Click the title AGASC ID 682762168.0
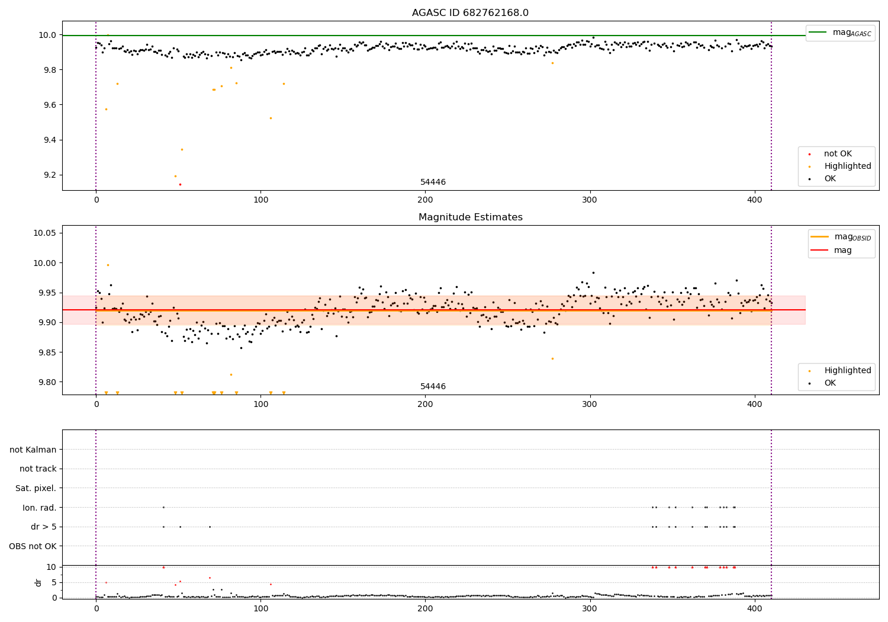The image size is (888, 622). pyautogui.click(x=470, y=13)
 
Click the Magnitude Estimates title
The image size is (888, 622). pyautogui.click(x=470, y=217)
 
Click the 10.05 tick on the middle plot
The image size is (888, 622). pyautogui.click(x=45, y=233)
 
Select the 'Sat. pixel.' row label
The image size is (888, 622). pyautogui.click(x=36, y=488)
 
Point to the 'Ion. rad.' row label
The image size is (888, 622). pyautogui.click(x=39, y=508)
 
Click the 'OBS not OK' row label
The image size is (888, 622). pyautogui.click(x=33, y=546)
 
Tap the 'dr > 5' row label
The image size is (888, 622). pyautogui.click(x=43, y=527)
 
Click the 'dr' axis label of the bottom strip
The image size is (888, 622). pyautogui.click(x=38, y=582)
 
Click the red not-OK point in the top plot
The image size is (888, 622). pyautogui.click(x=180, y=184)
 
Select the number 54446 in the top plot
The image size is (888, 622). pyautogui.click(x=433, y=182)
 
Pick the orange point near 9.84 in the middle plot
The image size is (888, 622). pyautogui.click(x=552, y=358)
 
